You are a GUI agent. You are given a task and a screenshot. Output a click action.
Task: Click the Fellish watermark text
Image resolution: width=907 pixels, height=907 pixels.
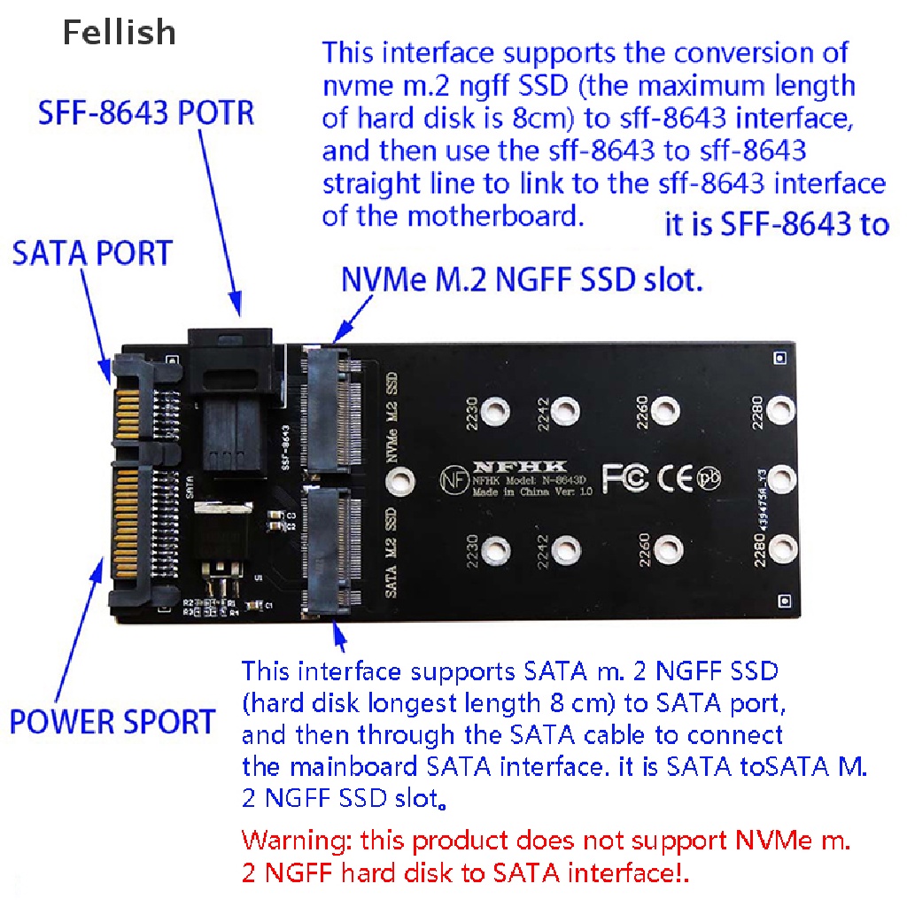pyautogui.click(x=119, y=33)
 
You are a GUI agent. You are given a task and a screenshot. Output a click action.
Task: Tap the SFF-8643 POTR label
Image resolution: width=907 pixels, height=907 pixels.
pyautogui.click(x=146, y=114)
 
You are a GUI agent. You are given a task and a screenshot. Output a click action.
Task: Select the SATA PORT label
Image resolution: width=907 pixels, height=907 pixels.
pyautogui.click(x=91, y=253)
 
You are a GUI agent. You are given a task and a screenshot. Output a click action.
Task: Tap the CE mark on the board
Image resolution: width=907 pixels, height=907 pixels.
pyautogui.click(x=676, y=477)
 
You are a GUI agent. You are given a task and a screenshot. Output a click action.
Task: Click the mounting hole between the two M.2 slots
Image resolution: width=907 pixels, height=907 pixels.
pyautogui.click(x=401, y=481)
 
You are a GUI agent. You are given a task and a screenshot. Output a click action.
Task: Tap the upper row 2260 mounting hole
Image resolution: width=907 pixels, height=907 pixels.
pyautogui.click(x=663, y=410)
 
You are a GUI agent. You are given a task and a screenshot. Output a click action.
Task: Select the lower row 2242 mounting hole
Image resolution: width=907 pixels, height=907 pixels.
pyautogui.click(x=564, y=551)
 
